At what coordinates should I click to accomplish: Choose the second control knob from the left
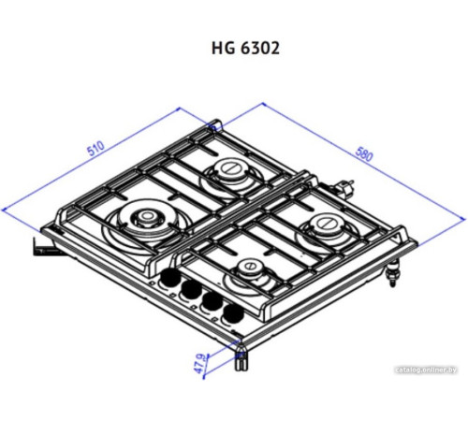[191, 289]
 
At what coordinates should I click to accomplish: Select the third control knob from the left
[211, 299]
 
